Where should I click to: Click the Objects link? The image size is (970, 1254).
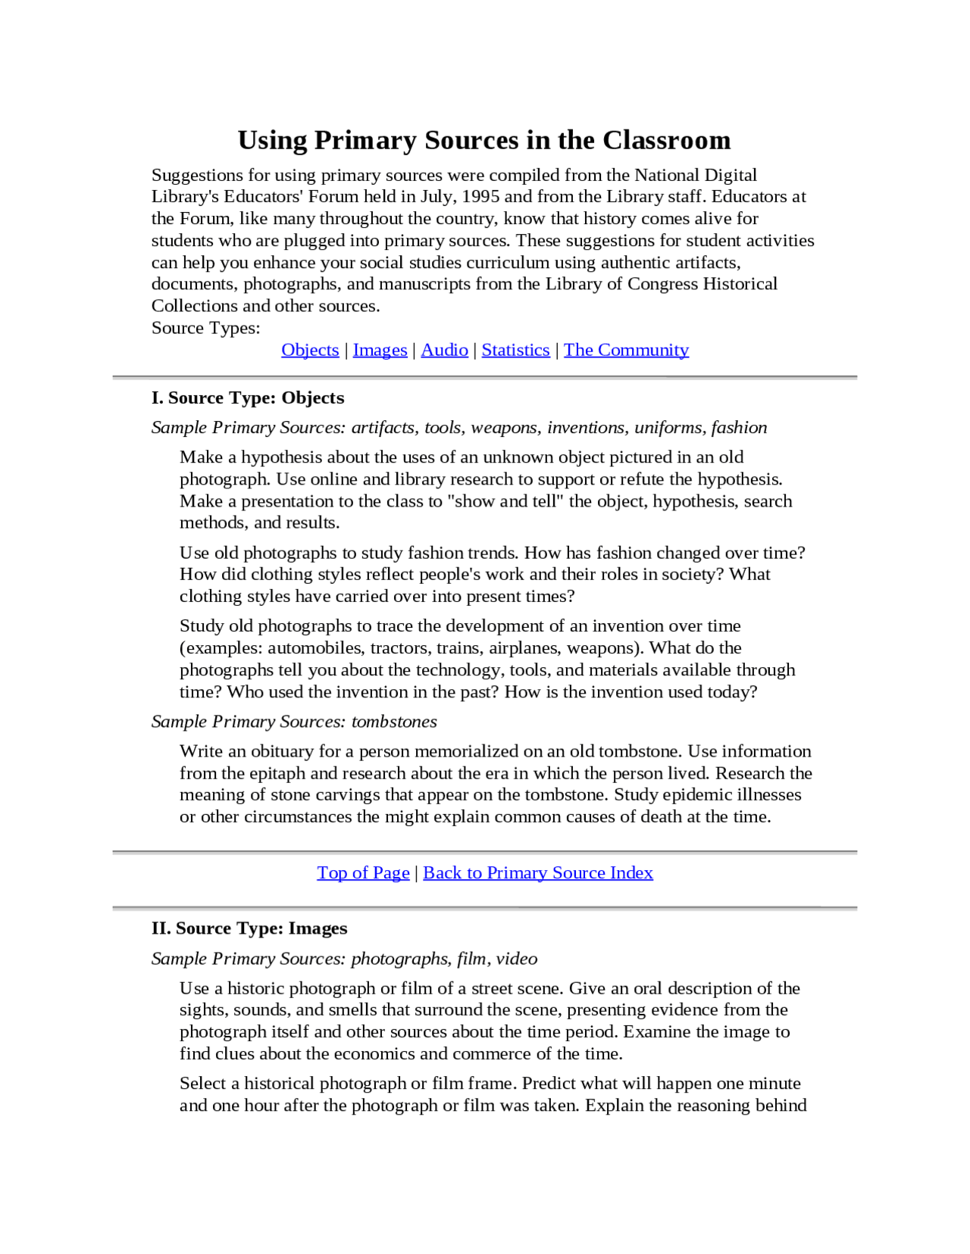310,350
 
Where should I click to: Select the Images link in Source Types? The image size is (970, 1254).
380,350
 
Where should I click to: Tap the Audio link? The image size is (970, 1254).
444,350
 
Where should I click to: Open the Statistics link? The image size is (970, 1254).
515,350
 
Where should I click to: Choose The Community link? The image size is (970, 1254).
626,350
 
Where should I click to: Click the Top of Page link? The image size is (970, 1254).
363,872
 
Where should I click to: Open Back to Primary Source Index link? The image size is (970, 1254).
537,872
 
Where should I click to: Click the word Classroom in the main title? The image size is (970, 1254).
666,140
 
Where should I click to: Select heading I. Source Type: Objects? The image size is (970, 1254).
248,398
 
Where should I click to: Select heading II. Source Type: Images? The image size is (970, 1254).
249,928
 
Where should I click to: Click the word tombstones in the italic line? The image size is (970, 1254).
394,722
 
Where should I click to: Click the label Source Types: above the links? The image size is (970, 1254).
205,328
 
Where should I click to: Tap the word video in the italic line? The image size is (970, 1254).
517,959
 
